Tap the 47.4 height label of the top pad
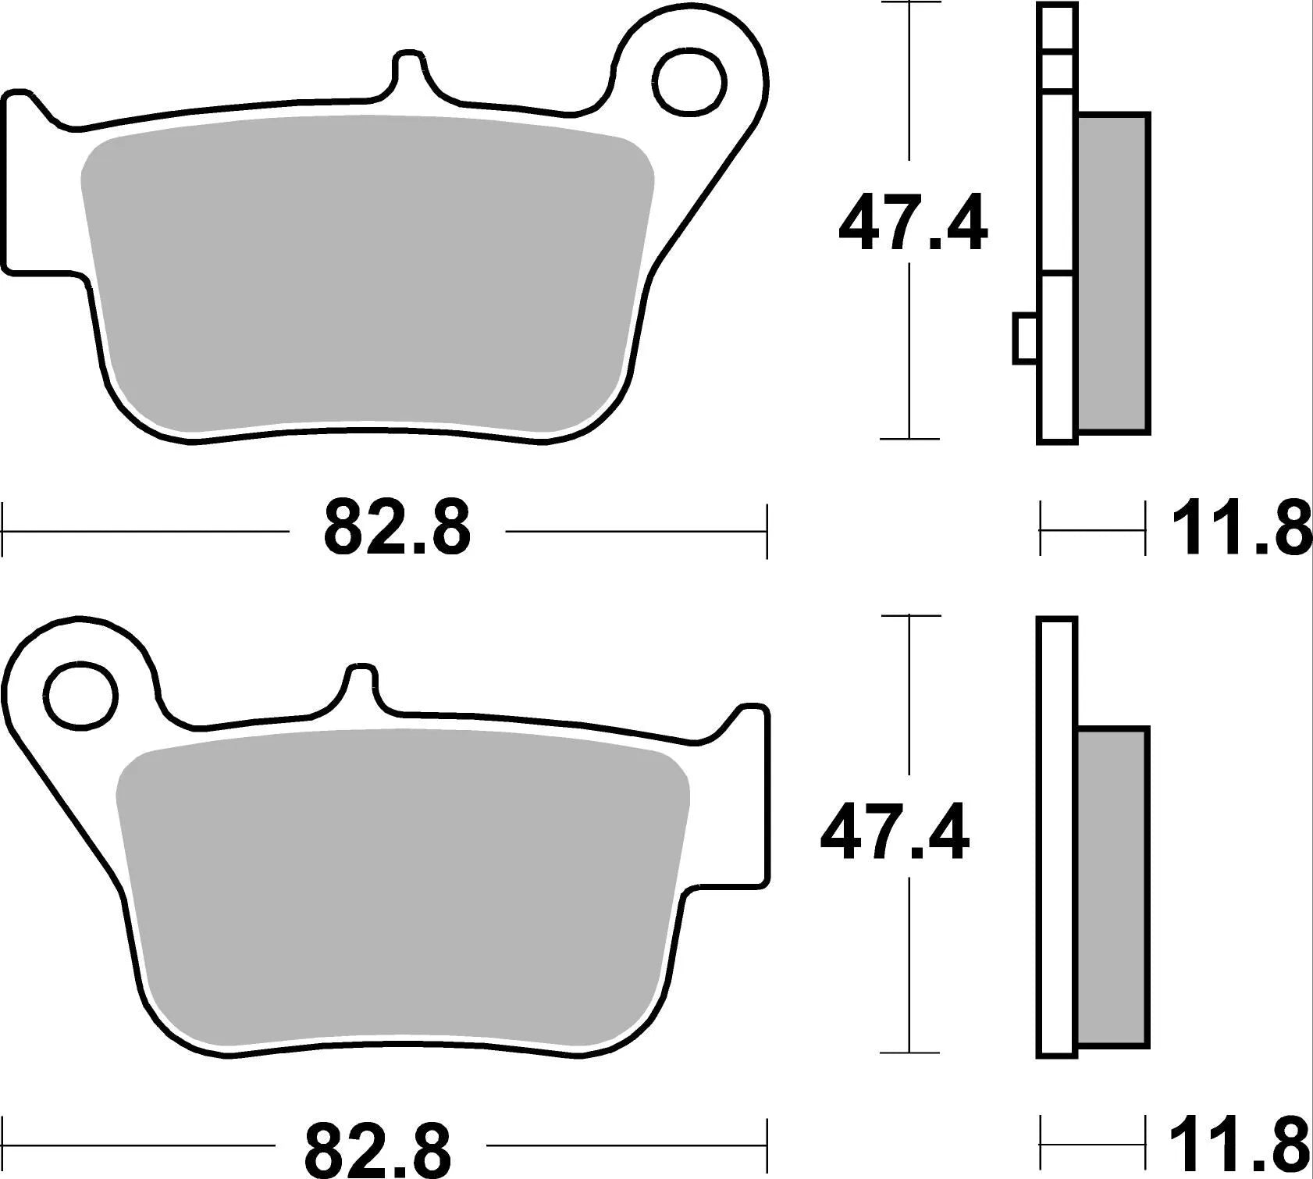[912, 225]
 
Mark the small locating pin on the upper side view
[1024, 338]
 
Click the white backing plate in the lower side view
[1057, 835]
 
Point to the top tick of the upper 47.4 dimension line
[909, 3]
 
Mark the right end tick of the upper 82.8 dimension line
[767, 531]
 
